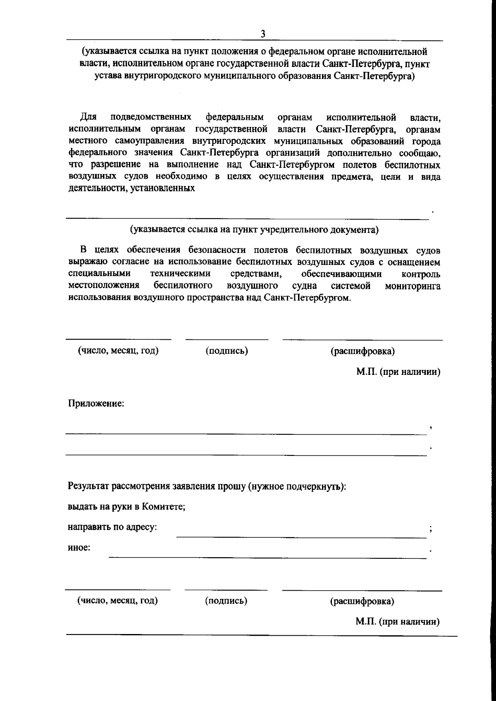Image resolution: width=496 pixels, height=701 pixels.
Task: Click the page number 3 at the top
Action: [x=262, y=34]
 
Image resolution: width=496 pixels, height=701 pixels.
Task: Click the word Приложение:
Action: [x=96, y=403]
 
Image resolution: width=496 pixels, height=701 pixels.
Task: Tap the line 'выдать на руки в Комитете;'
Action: [x=126, y=507]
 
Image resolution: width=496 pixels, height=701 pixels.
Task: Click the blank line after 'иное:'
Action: [x=267, y=557]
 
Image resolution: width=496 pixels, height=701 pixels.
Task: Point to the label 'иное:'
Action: [x=79, y=548]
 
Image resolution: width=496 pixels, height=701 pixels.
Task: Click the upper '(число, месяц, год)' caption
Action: [x=118, y=351]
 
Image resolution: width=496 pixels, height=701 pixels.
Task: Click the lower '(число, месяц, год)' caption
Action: [x=118, y=601]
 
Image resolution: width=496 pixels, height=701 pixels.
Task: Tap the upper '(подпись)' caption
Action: [x=227, y=351]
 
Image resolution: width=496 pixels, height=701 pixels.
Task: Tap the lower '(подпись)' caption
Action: [x=226, y=601]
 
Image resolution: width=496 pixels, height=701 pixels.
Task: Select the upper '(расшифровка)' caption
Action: [x=362, y=351]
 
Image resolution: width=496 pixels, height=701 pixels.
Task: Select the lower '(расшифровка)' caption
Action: [x=362, y=601]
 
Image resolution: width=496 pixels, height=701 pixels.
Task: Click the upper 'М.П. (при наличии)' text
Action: [x=398, y=372]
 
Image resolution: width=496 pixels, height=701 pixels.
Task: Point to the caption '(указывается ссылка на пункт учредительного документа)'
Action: [x=254, y=230]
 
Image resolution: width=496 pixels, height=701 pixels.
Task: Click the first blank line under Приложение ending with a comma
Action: [x=246, y=433]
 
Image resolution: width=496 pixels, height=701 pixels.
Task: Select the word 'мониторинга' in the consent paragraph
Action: [x=413, y=286]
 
